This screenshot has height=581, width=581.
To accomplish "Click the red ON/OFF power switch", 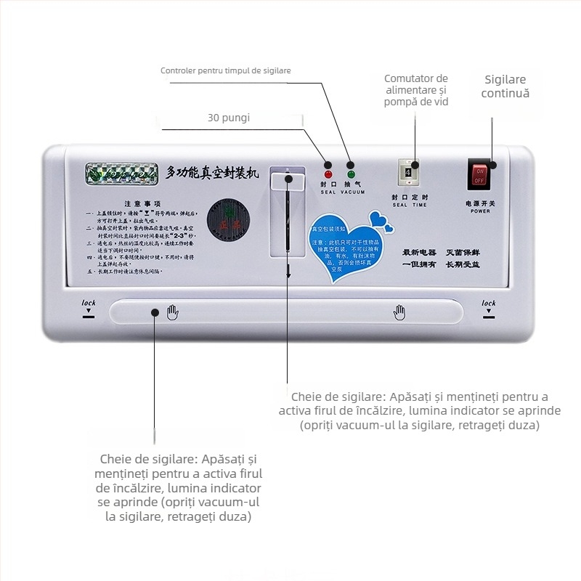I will click(479, 174).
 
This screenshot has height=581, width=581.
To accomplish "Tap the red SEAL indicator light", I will click(328, 175).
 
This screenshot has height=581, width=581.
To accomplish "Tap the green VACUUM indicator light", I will click(352, 175).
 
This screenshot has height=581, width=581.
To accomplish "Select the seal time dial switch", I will click(409, 174).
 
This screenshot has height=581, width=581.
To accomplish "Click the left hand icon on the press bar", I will click(172, 313).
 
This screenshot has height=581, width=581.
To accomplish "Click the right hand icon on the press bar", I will click(399, 312).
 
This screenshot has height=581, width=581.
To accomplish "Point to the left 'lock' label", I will click(89, 303).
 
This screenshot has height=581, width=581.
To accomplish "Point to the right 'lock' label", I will click(489, 303).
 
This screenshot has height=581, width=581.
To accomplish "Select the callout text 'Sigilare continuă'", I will click(505, 86).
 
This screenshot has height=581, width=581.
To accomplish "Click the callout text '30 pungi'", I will click(228, 118).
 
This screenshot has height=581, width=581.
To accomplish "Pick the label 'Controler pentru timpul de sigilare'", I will click(225, 70).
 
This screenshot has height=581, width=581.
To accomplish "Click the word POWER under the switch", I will click(480, 211).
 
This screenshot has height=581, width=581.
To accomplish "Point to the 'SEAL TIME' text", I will click(410, 205).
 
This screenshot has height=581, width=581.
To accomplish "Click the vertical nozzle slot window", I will click(288, 212).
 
